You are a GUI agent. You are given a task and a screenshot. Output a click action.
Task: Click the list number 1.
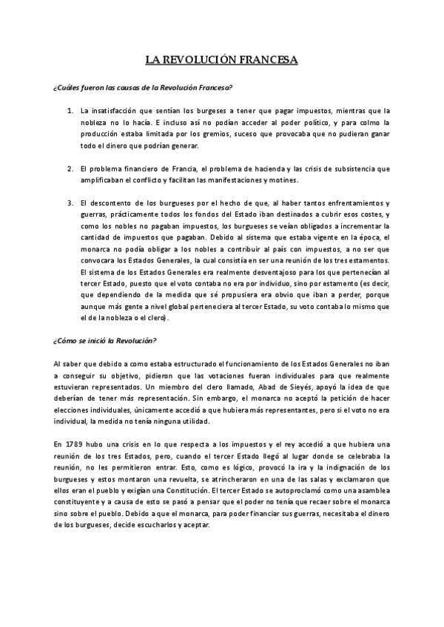coord(70,110)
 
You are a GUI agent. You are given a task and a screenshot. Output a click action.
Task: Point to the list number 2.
coord(70,169)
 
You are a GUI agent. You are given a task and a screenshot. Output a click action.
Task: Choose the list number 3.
coord(70,202)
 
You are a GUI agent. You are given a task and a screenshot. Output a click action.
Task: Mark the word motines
coord(283,180)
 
